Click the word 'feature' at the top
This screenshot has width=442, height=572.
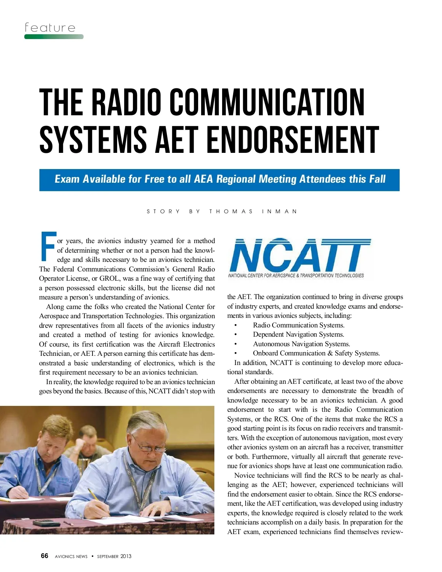[50, 28]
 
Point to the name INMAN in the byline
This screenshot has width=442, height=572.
[280, 211]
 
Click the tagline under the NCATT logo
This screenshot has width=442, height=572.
[296, 276]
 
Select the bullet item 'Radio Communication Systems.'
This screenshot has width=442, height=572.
[298, 325]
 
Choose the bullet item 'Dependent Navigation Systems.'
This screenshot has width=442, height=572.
[298, 334]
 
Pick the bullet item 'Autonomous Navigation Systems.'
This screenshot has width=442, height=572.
[301, 344]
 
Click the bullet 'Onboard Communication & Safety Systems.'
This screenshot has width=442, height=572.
[316, 353]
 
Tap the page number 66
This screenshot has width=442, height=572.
[45, 556]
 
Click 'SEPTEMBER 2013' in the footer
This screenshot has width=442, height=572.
[114, 557]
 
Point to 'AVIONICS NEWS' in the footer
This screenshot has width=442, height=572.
[71, 557]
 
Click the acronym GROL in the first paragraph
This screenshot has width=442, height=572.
[109, 278]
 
